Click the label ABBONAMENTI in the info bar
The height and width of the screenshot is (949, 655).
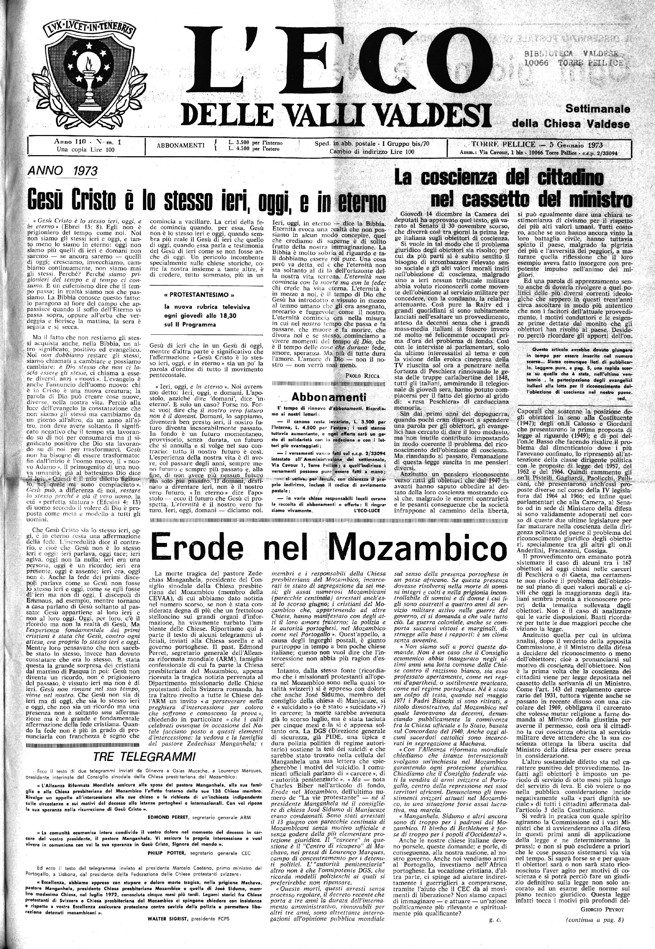point(181,145)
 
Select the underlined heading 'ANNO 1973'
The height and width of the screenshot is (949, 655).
point(62,170)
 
